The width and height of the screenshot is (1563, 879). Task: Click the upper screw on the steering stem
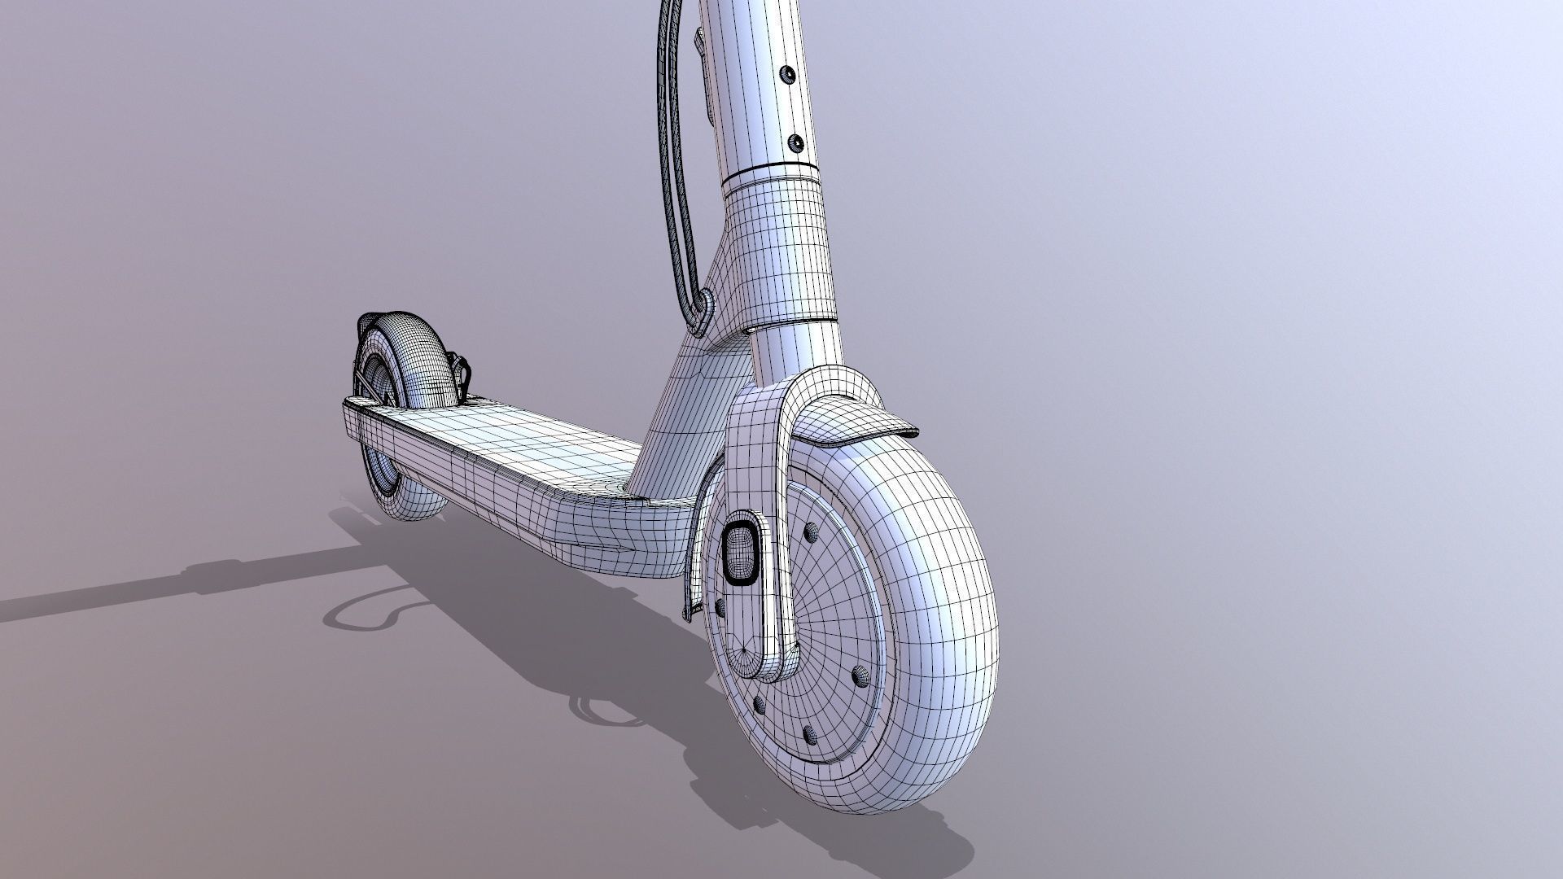coord(787,74)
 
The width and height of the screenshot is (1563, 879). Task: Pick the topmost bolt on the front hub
coord(811,532)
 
